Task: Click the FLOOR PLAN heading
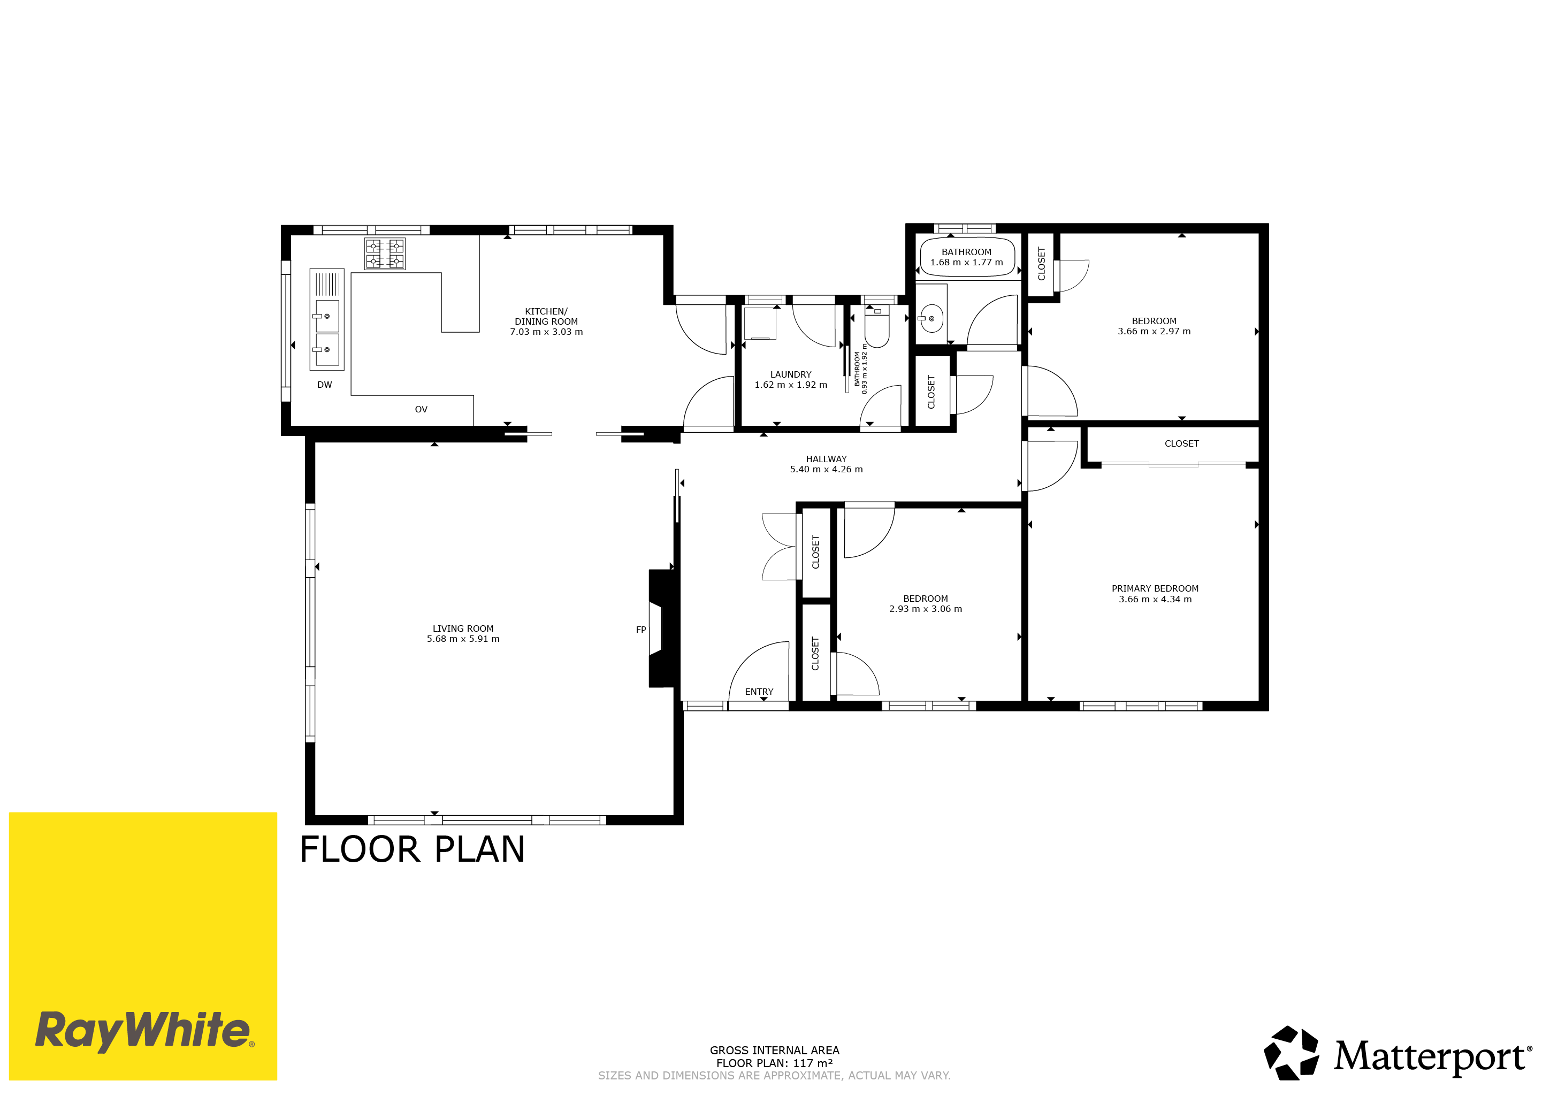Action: coord(412,849)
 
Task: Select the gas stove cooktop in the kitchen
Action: coord(385,254)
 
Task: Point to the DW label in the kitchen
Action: coord(325,385)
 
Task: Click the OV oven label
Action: coord(421,409)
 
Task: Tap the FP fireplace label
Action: coord(640,630)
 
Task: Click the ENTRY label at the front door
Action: coord(759,692)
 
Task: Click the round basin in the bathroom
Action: coord(931,319)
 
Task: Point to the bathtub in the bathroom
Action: coord(967,257)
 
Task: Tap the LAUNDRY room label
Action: coord(791,374)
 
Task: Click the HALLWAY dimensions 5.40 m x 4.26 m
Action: coord(826,469)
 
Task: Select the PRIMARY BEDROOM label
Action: coord(1155,588)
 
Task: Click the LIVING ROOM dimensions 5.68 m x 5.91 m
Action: coord(463,639)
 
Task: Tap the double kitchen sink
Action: coord(327,319)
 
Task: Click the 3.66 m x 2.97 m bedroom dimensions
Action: coord(1155,331)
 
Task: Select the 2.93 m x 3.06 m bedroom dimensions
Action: coord(926,609)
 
